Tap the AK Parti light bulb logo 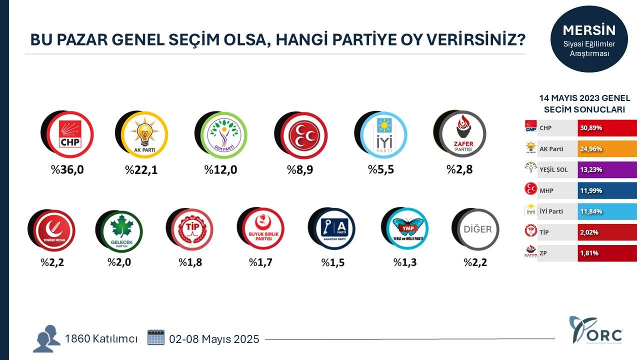[144, 134]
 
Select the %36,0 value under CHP [67, 170]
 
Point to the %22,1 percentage [141, 170]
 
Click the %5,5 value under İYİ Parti [381, 169]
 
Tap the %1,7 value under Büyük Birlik [260, 262]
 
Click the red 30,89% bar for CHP [607, 128]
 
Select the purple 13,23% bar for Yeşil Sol [607, 170]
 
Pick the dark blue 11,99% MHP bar [607, 190]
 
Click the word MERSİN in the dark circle [589, 30]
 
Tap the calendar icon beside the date [156, 337]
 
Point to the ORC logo [590, 330]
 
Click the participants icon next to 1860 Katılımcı [46, 338]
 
